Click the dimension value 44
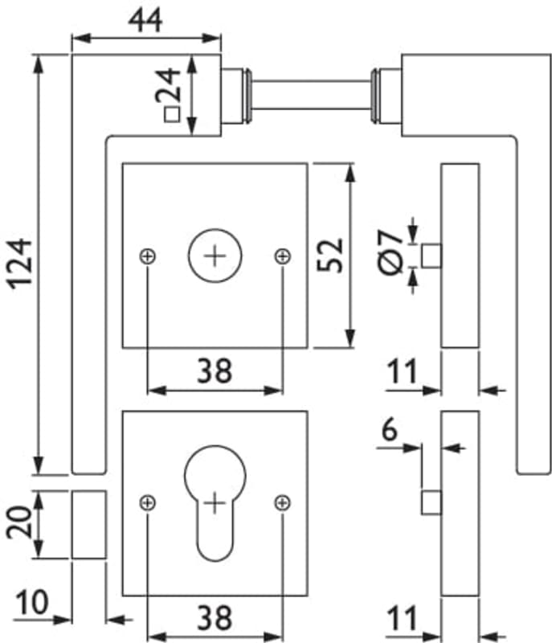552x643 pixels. click(x=145, y=19)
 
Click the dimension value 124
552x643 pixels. click(x=19, y=263)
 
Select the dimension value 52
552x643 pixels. click(x=330, y=256)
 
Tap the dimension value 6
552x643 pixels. click(x=389, y=429)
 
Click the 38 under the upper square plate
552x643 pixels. click(x=215, y=371)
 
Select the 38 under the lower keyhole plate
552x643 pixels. click(x=215, y=617)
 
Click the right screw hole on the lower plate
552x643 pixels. click(x=282, y=502)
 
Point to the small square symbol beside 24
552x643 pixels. click(x=170, y=114)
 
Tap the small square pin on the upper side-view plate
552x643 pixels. click(x=431, y=256)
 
